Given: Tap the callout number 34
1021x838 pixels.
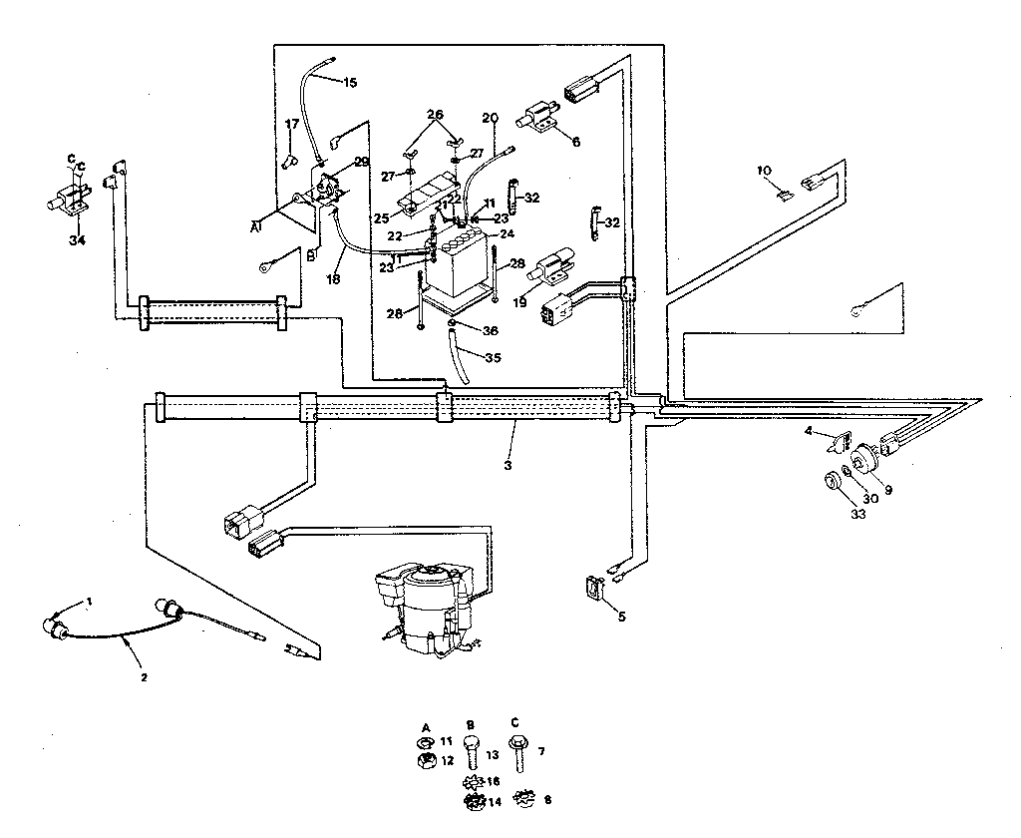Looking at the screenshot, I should [x=77, y=239].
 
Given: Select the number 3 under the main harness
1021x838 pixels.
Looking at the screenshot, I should [x=508, y=466].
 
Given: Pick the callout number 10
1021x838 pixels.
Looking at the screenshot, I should [x=764, y=171].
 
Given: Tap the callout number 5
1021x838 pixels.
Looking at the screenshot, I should [x=621, y=617].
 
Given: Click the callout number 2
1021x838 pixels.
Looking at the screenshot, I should [x=144, y=676].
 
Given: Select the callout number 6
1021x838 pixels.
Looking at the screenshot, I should [x=575, y=141].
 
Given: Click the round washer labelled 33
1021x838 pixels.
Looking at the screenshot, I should [x=829, y=483].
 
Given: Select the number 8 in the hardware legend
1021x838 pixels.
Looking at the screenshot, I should [x=547, y=799].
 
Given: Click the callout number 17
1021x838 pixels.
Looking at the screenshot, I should [x=291, y=124].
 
